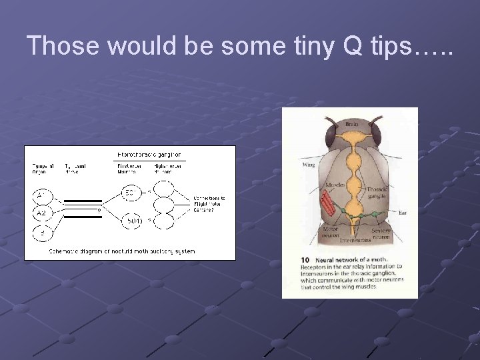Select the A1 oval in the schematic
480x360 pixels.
click(41, 195)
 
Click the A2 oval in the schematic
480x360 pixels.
click(41, 213)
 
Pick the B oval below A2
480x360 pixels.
click(41, 233)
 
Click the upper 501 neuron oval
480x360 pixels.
click(131, 195)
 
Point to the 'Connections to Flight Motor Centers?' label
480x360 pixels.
click(209, 202)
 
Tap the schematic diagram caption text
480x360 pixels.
click(122, 251)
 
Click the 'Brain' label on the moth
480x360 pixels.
click(351, 124)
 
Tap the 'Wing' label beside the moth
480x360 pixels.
click(309, 164)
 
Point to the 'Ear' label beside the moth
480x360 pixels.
click(403, 213)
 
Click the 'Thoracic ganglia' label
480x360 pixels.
click(378, 193)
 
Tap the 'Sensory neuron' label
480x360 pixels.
click(382, 234)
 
